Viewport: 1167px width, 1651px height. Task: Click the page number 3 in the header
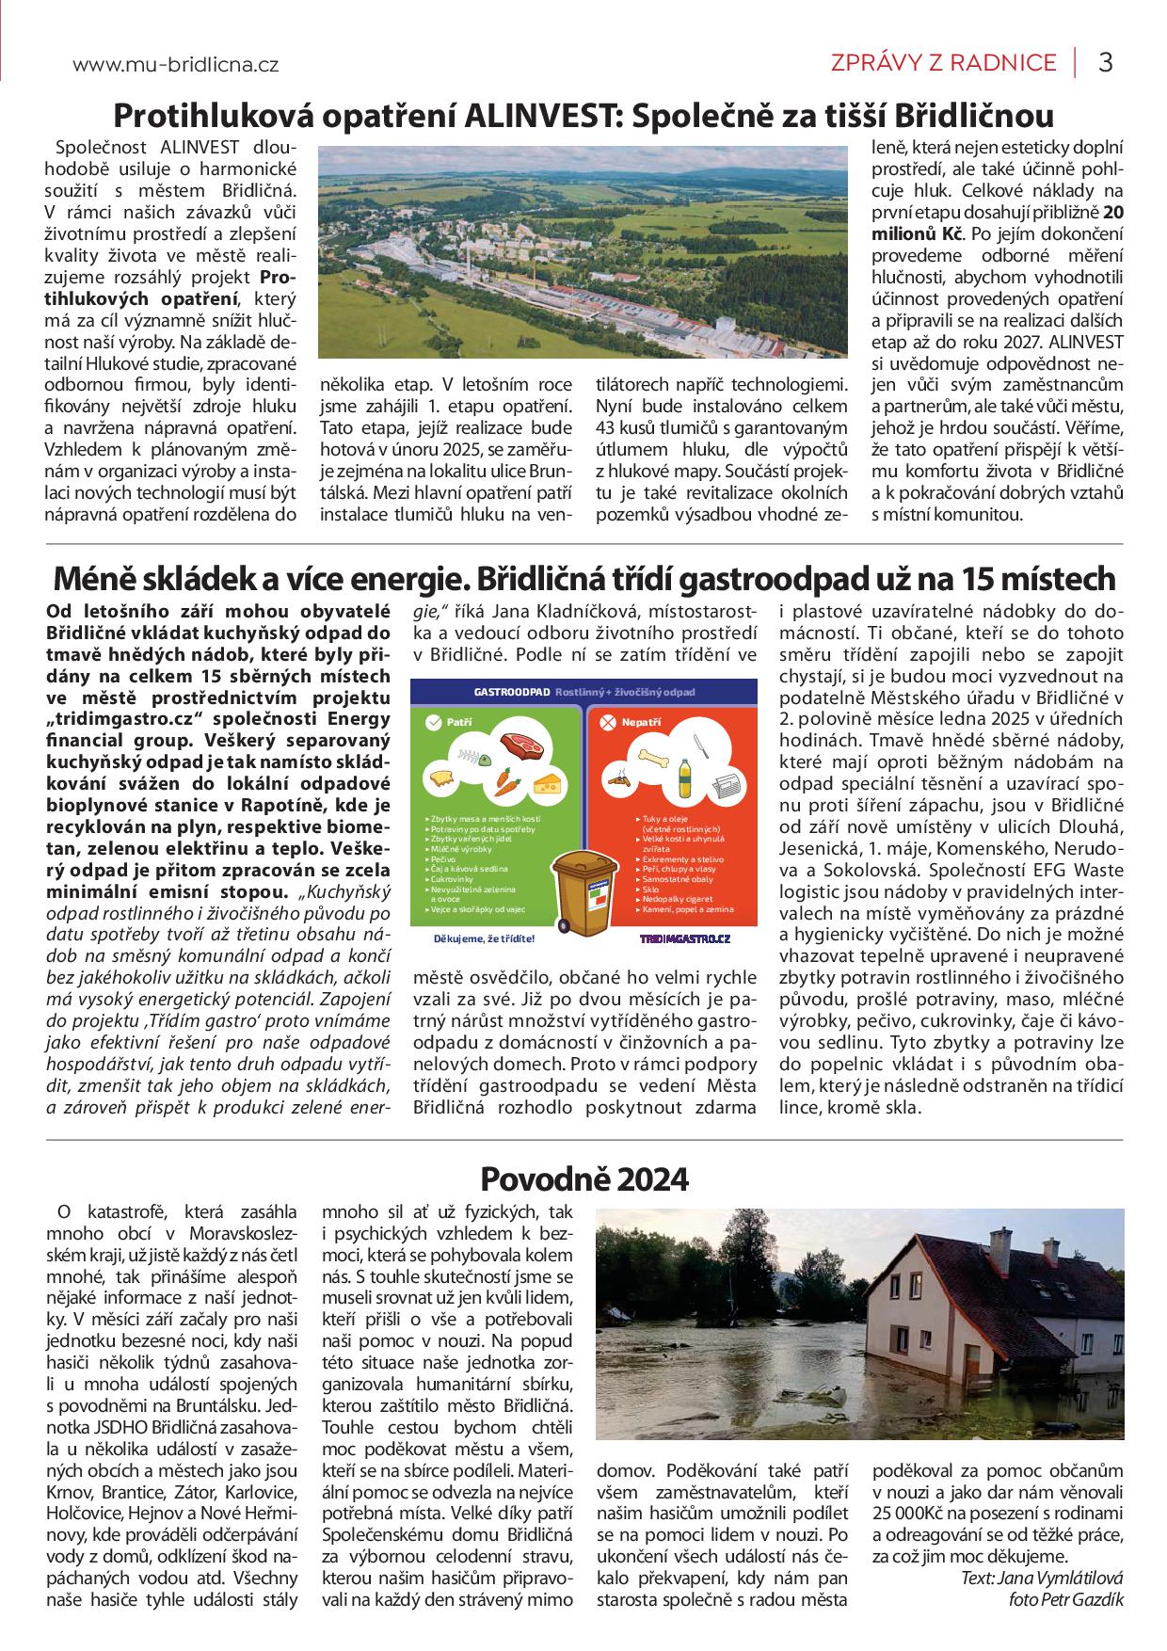[x=1106, y=63]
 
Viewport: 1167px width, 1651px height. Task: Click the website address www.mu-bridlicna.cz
[x=175, y=65]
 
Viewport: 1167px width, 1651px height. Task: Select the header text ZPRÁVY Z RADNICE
[x=943, y=63]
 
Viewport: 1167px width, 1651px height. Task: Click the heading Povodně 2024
[x=584, y=1178]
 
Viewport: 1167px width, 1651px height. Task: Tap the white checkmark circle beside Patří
[x=433, y=722]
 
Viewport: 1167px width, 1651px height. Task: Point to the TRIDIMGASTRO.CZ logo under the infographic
[x=684, y=938]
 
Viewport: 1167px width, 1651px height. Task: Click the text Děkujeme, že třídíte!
[x=484, y=938]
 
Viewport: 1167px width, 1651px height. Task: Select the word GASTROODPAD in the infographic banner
[x=512, y=692]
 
